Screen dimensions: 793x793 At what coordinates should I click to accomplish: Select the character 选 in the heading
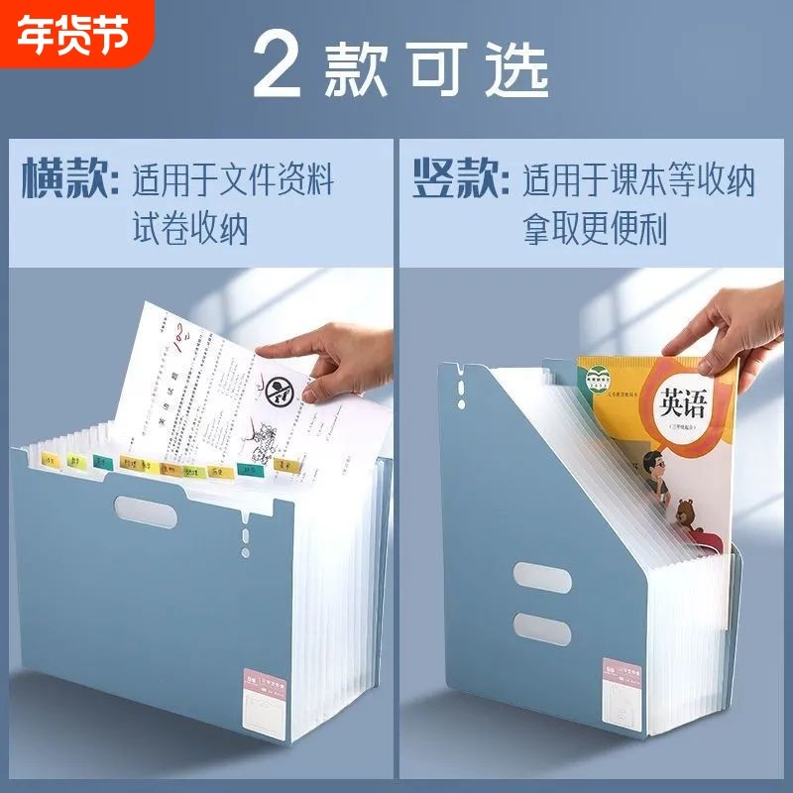click(516, 67)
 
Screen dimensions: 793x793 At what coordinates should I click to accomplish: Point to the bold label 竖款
click(456, 181)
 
